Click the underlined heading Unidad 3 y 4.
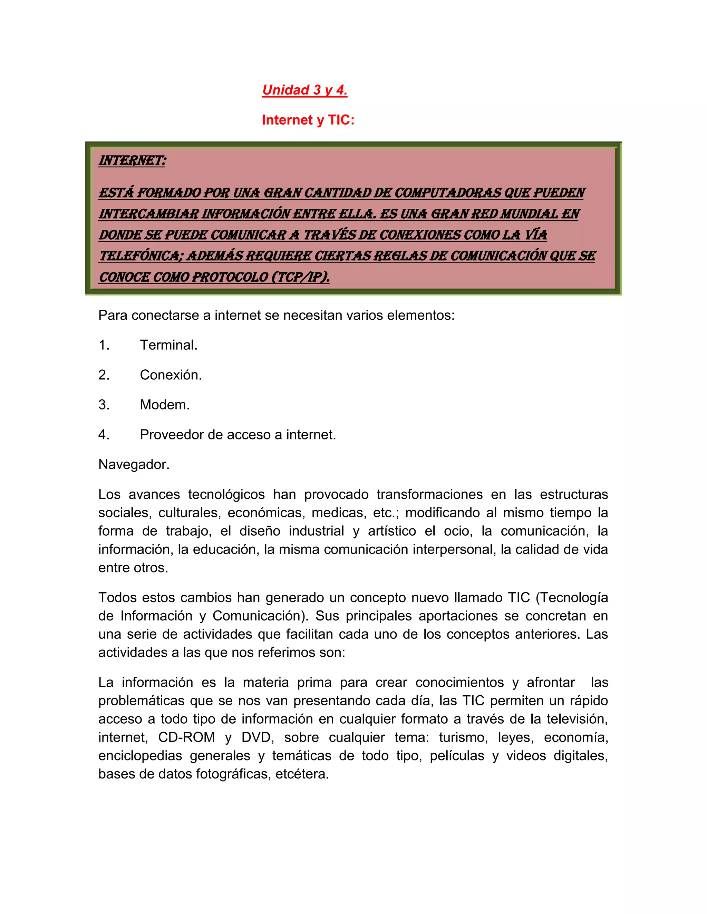[x=304, y=90]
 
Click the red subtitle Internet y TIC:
[x=308, y=120]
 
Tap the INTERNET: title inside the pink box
[x=132, y=161]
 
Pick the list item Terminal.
[x=168, y=345]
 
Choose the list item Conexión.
[x=171, y=375]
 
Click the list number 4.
[x=104, y=435]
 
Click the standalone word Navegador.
[x=134, y=465]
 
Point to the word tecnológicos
[x=226, y=495]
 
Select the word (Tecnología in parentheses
[x=572, y=598]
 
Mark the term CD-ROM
[x=186, y=737]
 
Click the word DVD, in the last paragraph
[x=258, y=737]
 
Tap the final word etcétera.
[x=302, y=774]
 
